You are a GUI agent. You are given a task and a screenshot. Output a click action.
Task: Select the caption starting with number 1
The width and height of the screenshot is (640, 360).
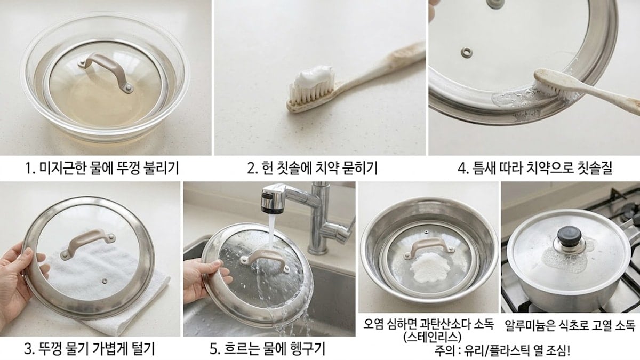pos(101,169)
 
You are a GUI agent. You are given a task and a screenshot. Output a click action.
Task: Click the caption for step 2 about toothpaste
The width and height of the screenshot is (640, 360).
pos(312,169)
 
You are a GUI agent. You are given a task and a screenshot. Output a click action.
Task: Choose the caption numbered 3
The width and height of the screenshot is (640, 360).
pos(90,349)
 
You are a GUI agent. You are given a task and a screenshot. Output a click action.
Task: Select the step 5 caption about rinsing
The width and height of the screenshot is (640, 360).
pos(267,349)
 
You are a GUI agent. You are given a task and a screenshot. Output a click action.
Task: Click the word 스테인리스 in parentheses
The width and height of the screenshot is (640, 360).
pos(429,337)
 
